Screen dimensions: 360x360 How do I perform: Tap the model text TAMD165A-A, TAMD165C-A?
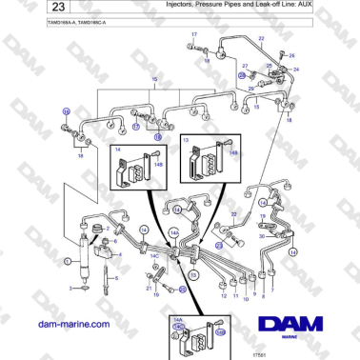click(56, 22)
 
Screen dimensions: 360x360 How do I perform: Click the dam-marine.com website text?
click(70, 324)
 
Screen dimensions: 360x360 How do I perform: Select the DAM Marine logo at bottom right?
click(294, 328)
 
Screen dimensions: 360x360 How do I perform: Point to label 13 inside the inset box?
click(187, 141)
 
